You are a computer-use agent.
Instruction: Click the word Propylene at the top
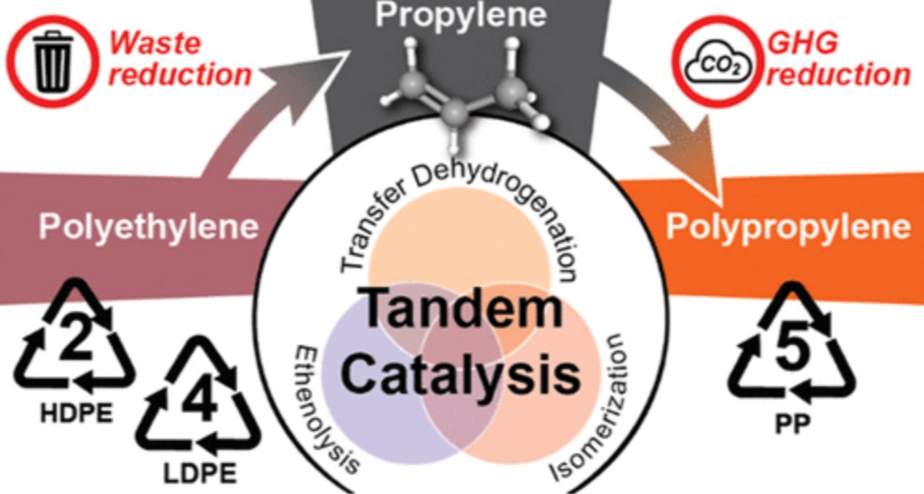coord(461,16)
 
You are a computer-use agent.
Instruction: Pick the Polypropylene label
coord(788,226)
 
